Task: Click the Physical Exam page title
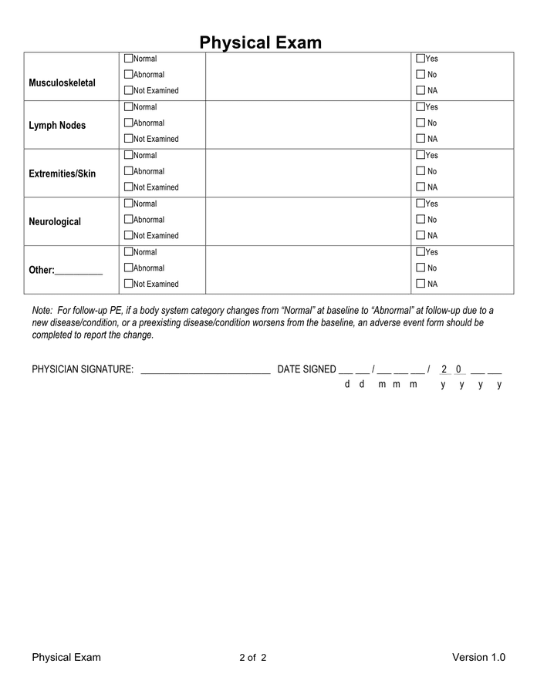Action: click(x=260, y=42)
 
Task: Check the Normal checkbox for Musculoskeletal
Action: click(x=129, y=59)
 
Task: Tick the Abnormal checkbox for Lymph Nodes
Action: click(x=129, y=123)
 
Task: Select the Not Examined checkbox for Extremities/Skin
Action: click(x=129, y=187)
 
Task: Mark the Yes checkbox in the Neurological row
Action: click(x=420, y=204)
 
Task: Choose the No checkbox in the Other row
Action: click(x=420, y=268)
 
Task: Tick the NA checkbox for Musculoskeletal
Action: click(x=420, y=91)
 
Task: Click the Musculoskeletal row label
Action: click(x=62, y=83)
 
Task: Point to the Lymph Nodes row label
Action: click(x=57, y=126)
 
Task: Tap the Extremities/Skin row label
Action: click(x=62, y=173)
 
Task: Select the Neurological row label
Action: click(x=55, y=222)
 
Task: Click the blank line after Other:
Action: click(x=79, y=271)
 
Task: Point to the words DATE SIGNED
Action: click(x=306, y=369)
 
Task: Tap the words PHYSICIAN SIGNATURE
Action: click(x=83, y=369)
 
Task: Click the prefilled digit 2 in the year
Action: click(x=444, y=369)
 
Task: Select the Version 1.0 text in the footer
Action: click(x=478, y=658)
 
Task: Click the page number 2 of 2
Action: click(x=253, y=658)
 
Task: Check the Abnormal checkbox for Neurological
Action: click(x=129, y=220)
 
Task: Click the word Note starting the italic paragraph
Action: click(x=42, y=310)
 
